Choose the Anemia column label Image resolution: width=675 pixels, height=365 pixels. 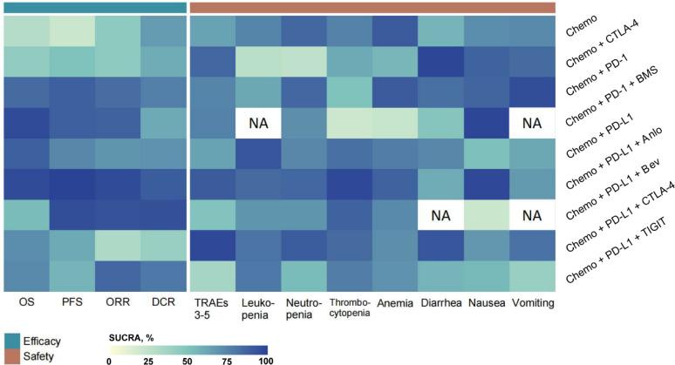tap(396, 304)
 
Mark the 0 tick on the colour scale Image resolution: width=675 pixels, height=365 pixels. tap(110, 359)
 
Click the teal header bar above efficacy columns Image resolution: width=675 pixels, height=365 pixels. tap(93, 7)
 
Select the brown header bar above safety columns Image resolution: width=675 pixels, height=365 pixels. tap(373, 7)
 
